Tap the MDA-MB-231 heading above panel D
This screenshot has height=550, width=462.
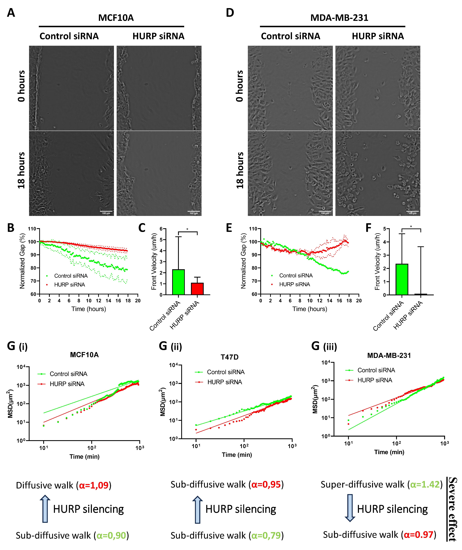[339, 18]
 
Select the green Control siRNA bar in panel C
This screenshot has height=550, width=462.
[178, 282]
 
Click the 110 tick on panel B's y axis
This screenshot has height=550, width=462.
[32, 229]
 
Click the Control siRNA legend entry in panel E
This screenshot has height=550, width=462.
[296, 275]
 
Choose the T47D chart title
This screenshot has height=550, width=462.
[229, 357]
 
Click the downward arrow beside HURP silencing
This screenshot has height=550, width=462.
[350, 508]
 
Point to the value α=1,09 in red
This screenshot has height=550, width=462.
[94, 485]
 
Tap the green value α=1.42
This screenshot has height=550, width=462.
[425, 484]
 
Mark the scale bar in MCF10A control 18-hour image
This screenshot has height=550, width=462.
[106, 211]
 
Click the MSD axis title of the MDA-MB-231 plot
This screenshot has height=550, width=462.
[315, 399]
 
